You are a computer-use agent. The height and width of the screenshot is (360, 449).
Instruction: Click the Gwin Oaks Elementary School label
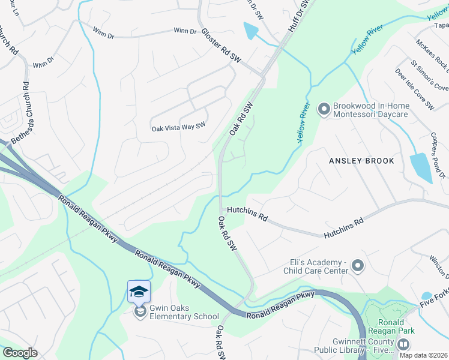click(178, 312)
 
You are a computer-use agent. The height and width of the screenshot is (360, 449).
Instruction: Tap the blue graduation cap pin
click(139, 292)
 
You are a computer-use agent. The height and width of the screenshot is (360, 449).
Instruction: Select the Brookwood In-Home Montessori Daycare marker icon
click(324, 109)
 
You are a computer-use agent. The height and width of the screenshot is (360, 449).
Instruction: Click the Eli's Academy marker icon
click(358, 265)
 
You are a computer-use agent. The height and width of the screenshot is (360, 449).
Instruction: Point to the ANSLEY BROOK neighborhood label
click(361, 161)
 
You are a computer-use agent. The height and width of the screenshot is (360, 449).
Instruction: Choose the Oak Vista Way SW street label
click(178, 127)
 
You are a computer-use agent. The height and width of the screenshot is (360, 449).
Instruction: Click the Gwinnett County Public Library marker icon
click(403, 344)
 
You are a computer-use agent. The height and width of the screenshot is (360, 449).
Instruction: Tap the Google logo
click(20, 353)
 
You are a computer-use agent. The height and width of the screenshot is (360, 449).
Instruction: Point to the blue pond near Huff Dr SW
click(252, 31)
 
